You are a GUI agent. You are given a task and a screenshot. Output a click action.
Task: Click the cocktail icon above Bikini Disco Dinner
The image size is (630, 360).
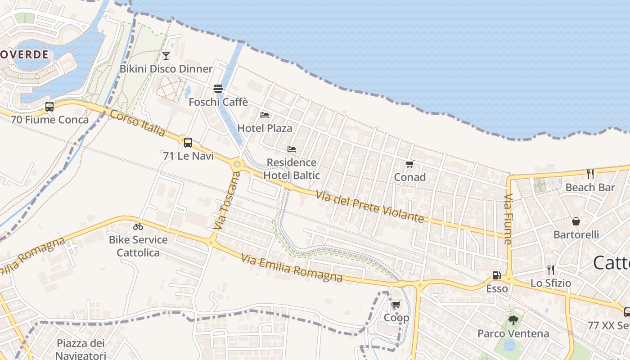(166, 56)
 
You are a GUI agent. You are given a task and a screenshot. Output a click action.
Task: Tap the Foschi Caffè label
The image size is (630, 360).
(218, 102)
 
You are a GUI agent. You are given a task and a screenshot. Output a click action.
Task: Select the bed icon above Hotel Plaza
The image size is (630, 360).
(265, 115)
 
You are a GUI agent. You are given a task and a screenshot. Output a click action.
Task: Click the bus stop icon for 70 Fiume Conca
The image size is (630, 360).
(49, 107)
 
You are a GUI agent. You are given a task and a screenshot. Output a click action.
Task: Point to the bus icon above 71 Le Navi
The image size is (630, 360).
(188, 142)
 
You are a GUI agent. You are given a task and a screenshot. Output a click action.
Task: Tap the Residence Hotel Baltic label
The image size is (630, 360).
(292, 169)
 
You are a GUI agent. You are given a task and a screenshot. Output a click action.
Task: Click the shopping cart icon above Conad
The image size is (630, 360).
(409, 164)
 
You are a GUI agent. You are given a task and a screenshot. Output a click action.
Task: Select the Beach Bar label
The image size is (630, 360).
(590, 187)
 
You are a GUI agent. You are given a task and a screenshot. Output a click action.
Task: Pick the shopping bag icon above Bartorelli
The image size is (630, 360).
(576, 221)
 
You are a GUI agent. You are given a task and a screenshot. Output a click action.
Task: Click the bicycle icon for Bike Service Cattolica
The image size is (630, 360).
(138, 226)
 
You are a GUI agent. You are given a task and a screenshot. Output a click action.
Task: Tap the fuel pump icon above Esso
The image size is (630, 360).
(496, 275)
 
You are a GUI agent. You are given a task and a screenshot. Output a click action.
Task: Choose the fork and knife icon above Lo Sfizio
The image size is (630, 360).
(550, 270)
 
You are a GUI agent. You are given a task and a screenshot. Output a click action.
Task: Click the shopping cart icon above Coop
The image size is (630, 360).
(396, 305)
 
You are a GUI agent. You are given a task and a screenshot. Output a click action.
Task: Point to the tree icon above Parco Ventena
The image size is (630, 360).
(513, 320)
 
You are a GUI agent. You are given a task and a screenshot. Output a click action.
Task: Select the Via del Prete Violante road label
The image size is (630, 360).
(369, 207)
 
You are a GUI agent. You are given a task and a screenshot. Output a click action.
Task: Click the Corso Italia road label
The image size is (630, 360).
(138, 122)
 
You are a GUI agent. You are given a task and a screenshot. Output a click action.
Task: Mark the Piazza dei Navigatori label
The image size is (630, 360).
(81, 349)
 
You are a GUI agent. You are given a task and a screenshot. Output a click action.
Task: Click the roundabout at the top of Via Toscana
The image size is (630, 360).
(237, 164)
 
